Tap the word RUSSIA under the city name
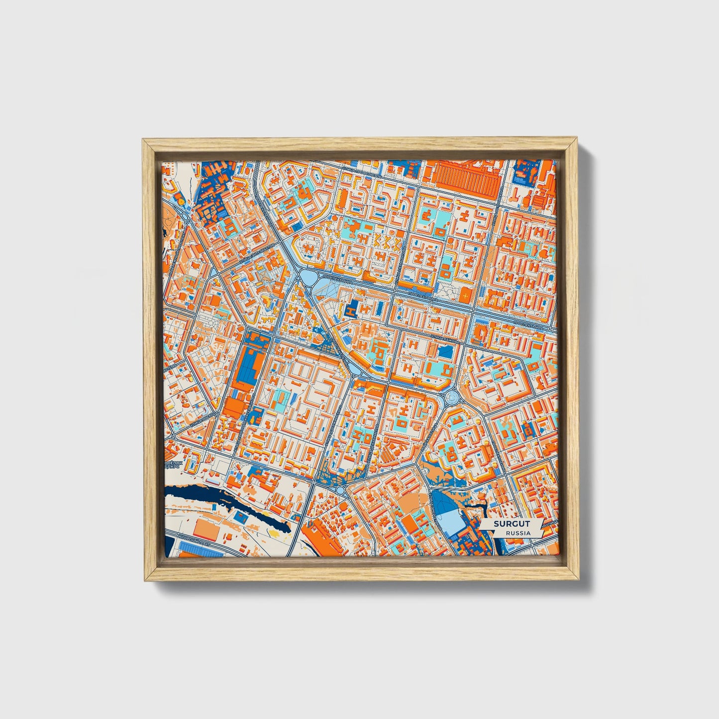tap(517, 533)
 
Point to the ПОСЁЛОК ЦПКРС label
tap(174, 465)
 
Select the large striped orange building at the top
tap(466, 180)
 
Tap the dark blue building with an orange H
tap(352, 309)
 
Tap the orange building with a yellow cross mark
tap(465, 295)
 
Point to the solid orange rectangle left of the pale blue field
tap(410, 522)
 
